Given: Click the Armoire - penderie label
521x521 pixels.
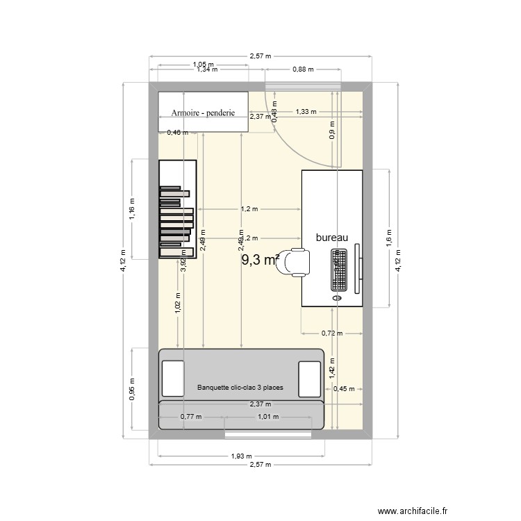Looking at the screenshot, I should [203, 113].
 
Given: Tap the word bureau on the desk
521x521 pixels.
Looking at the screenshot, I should [331, 238].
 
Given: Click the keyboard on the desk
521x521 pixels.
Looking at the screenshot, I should [339, 270].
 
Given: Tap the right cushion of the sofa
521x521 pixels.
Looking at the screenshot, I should [309, 378].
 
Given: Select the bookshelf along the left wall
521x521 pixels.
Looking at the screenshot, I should [177, 209].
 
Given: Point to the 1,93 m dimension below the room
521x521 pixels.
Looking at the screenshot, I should [241, 456].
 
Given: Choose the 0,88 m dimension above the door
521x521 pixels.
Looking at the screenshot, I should [303, 69].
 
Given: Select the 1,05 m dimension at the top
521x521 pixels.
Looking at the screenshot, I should [203, 65].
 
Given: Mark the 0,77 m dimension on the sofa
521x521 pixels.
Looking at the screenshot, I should [191, 417].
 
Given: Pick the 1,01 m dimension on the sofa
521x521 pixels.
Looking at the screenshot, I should [267, 417].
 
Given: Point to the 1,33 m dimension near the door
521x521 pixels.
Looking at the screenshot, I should [306, 111].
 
